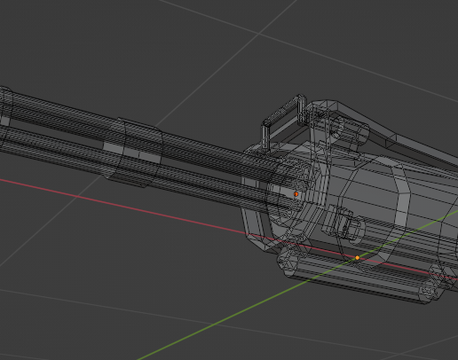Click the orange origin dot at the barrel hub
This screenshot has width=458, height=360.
pos(296,193)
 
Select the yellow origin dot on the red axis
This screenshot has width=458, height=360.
pos(358,258)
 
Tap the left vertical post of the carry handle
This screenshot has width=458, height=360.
pos(265,134)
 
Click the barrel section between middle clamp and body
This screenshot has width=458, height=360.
pos(213,168)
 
